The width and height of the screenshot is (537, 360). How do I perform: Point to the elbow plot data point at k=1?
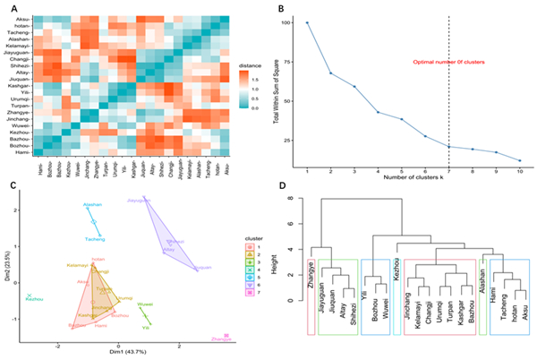[307, 23]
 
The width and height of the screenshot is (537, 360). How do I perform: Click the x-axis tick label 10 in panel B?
[519, 170]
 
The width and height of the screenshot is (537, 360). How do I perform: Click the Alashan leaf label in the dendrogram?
[482, 271]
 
